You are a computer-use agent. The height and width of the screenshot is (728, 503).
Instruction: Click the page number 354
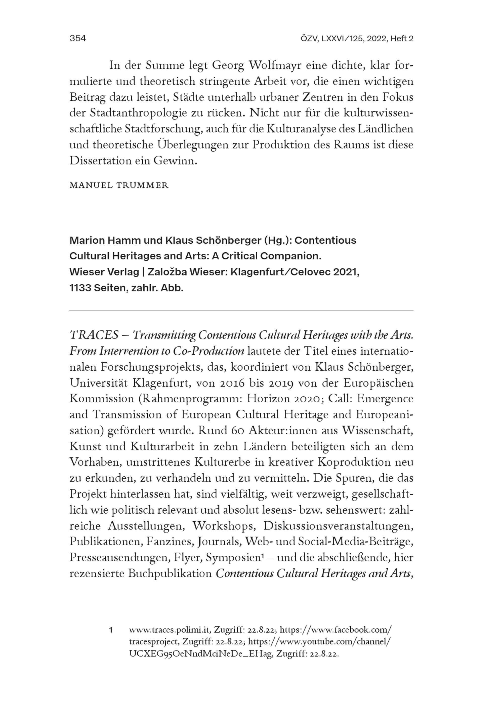point(77,39)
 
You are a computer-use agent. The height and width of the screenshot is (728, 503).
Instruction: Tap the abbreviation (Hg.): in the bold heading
point(277,241)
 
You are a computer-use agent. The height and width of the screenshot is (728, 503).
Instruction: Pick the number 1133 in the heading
point(80,288)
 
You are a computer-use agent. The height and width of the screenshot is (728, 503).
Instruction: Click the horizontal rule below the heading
point(241,311)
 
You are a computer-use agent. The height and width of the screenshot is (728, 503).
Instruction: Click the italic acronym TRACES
point(94,335)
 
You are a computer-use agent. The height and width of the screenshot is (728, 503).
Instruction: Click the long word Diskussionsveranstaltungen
point(338,526)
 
